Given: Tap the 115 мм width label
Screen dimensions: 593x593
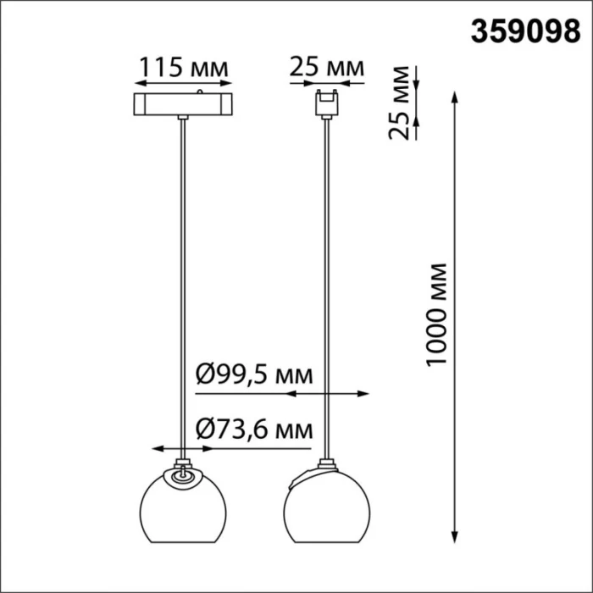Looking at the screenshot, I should point(183,66).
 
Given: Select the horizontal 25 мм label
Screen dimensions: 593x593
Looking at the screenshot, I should point(326,66).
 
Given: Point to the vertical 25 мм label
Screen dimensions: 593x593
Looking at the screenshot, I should point(409,112).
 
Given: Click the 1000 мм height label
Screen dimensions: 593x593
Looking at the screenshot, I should point(436,313).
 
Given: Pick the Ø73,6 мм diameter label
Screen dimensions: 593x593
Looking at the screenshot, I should point(253,430).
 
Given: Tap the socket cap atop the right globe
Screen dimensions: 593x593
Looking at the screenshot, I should point(325,465).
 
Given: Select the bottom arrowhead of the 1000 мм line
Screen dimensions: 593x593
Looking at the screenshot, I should point(458,539).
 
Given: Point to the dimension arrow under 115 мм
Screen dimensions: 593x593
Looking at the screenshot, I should point(183,84).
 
